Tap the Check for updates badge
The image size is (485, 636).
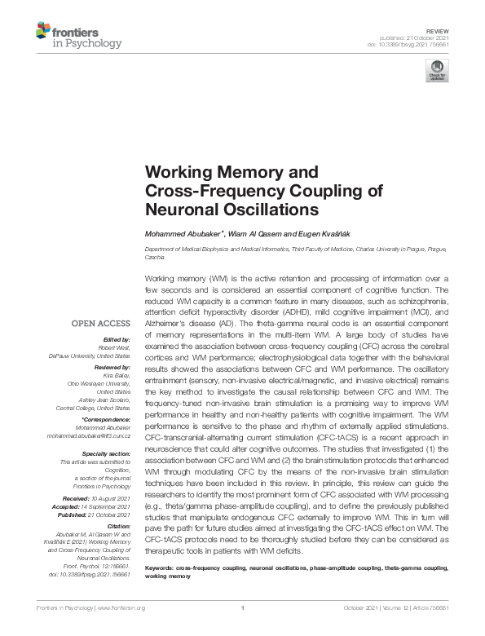tap(438, 71)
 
